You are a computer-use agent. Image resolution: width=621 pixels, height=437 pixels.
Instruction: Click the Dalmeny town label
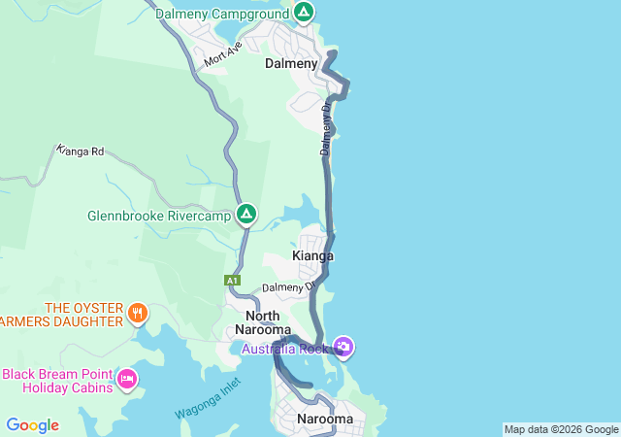tap(291, 63)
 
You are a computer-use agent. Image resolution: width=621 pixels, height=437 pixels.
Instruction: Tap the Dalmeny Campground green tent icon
tap(304, 14)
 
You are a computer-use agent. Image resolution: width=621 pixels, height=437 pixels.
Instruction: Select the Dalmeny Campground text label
tap(222, 14)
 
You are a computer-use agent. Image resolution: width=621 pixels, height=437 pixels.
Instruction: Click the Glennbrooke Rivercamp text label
tap(159, 216)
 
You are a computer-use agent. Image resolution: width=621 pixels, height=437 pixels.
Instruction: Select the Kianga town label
tap(312, 256)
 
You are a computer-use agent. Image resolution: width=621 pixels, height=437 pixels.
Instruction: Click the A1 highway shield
tap(232, 281)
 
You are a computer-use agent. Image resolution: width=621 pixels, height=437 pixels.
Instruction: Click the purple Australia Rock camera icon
tap(343, 346)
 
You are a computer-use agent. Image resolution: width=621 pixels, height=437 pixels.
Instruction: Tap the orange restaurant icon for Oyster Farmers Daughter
tap(139, 314)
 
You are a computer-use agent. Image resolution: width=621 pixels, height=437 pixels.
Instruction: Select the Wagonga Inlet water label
tap(207, 401)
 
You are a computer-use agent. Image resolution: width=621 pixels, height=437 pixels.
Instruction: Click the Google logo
tap(32, 425)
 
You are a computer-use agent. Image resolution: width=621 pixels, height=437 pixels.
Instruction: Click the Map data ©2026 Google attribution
tap(561, 429)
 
